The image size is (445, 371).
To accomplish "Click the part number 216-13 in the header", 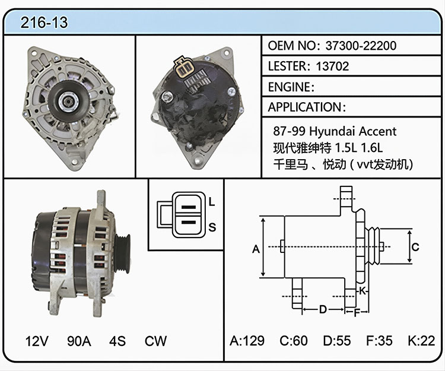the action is pyautogui.click(x=44, y=23).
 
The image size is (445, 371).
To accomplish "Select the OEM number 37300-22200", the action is pyautogui.click(x=361, y=46).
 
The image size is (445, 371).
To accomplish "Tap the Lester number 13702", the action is pyautogui.click(x=332, y=66).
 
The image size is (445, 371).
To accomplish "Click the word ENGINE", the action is pyautogui.click(x=289, y=87).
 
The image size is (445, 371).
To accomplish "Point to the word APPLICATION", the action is pyautogui.click(x=305, y=107).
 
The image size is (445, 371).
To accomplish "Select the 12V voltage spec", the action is pyautogui.click(x=37, y=341).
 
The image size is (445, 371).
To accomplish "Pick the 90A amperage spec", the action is pyautogui.click(x=79, y=341).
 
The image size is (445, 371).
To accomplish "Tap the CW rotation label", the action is pyautogui.click(x=155, y=341).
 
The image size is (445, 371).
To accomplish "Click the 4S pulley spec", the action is pyautogui.click(x=117, y=341).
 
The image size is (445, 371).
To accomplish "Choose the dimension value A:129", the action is pyautogui.click(x=247, y=341).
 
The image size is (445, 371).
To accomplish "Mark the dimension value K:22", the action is pyautogui.click(x=421, y=341).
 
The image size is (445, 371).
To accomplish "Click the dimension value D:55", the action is pyautogui.click(x=337, y=341).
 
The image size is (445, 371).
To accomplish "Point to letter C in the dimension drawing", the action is pyautogui.click(x=415, y=247).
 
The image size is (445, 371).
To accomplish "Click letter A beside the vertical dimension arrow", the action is pyautogui.click(x=256, y=249).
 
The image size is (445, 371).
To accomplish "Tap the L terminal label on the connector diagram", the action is pyautogui.click(x=212, y=202).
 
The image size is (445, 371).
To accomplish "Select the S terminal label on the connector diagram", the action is pyautogui.click(x=212, y=227).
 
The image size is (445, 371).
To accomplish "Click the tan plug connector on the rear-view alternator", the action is pyautogui.click(x=184, y=67).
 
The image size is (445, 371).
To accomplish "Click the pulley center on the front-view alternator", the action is pyautogui.click(x=69, y=101).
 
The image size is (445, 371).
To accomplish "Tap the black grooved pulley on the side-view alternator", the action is pyautogui.click(x=123, y=253).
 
